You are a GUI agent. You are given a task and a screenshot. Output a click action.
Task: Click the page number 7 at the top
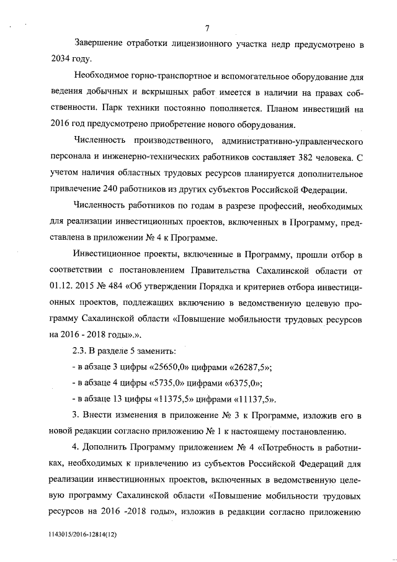point(207,27)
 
